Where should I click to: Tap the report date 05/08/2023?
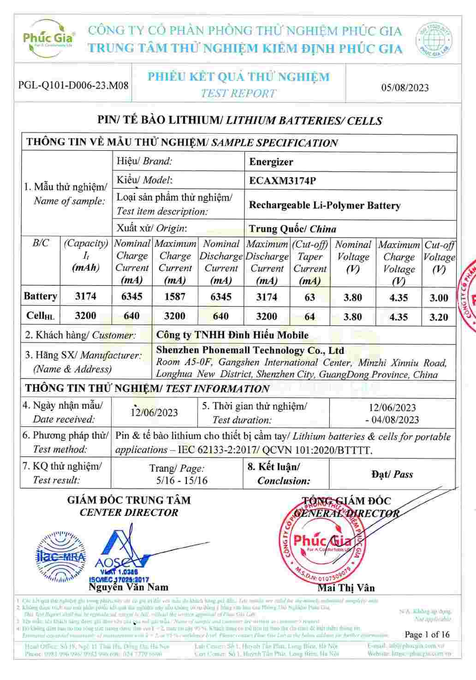point(405,88)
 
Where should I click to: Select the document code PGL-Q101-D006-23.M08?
point(73,85)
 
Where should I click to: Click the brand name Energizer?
point(271,162)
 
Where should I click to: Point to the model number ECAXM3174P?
point(282,180)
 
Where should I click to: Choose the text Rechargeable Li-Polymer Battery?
point(324,205)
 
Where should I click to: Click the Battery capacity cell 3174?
point(86,296)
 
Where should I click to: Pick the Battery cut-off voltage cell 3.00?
point(439,298)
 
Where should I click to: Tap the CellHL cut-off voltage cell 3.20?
point(439,317)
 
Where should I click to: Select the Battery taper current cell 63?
point(309,297)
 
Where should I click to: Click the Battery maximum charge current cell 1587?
point(175,296)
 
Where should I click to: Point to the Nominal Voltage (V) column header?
point(353,257)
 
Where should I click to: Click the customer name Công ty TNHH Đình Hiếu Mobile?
point(232,335)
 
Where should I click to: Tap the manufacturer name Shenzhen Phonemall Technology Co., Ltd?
point(250,351)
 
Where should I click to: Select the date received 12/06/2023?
point(154,412)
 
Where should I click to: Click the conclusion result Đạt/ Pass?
point(392,474)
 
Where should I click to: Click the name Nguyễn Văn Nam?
point(128,587)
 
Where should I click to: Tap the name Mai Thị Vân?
point(346,588)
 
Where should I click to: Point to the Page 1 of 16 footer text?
point(427,634)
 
